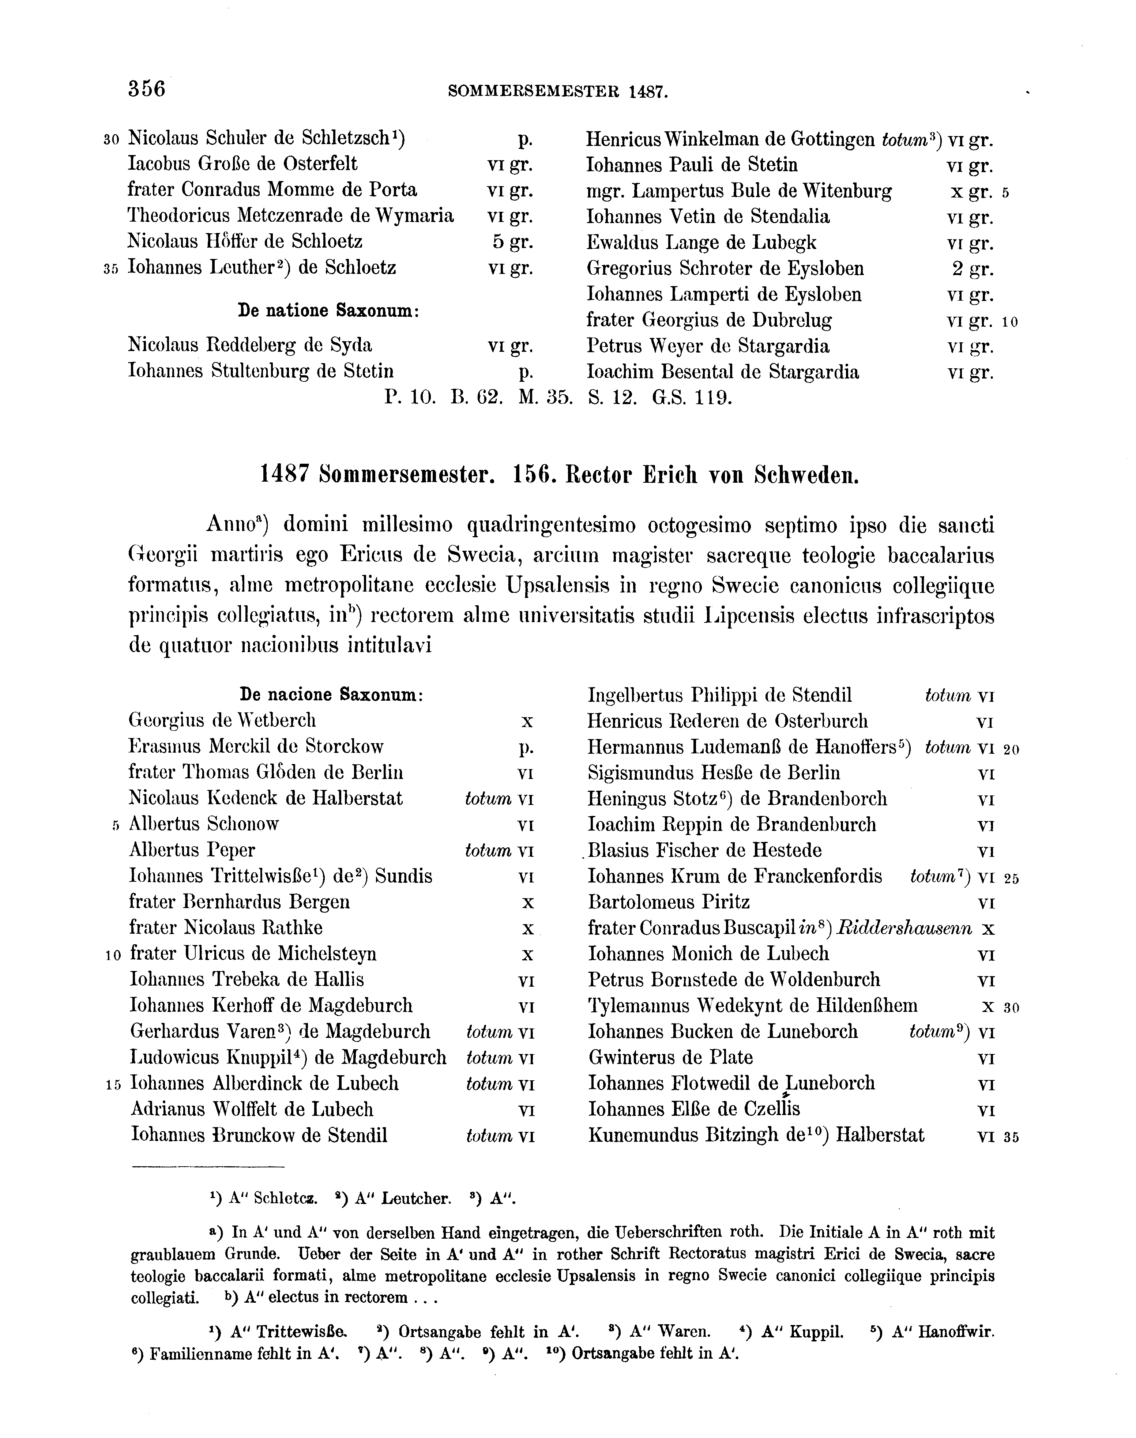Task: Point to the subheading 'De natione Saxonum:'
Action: [x=328, y=310]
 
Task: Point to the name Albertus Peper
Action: [x=192, y=850]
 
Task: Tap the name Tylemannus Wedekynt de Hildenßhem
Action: [x=753, y=1006]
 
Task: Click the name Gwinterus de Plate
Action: [x=670, y=1058]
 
